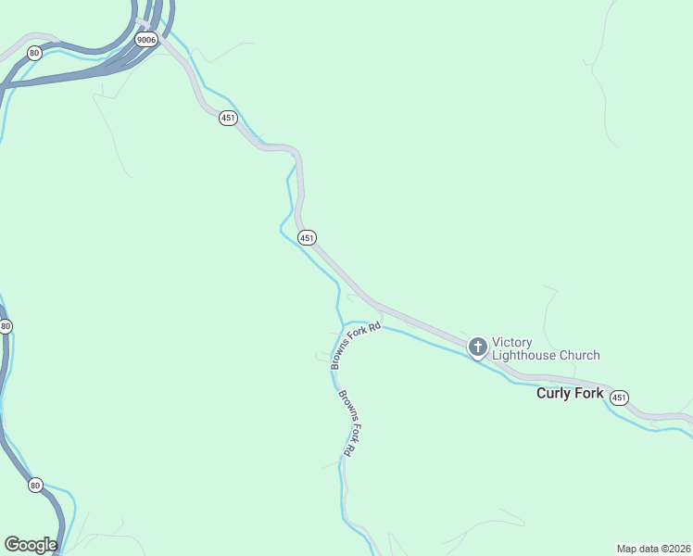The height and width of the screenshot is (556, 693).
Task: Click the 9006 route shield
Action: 145,39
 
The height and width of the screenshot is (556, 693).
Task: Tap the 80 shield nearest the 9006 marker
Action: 34,53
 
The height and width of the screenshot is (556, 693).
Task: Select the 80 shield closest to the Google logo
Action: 35,485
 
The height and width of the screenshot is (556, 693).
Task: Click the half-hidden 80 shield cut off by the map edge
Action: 5,326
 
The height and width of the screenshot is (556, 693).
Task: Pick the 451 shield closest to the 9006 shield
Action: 228,118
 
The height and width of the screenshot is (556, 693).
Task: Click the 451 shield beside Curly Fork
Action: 620,397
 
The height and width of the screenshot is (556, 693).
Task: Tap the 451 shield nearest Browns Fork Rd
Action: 308,238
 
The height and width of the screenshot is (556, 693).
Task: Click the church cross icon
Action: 478,348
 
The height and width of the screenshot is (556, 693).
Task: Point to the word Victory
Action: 512,342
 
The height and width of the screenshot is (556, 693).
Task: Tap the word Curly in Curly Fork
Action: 554,394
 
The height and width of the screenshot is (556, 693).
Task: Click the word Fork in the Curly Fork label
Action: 590,394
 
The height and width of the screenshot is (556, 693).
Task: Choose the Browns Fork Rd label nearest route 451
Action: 357,346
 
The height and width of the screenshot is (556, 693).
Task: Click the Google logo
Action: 31,545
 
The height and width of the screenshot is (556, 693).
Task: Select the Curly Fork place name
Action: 570,394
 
